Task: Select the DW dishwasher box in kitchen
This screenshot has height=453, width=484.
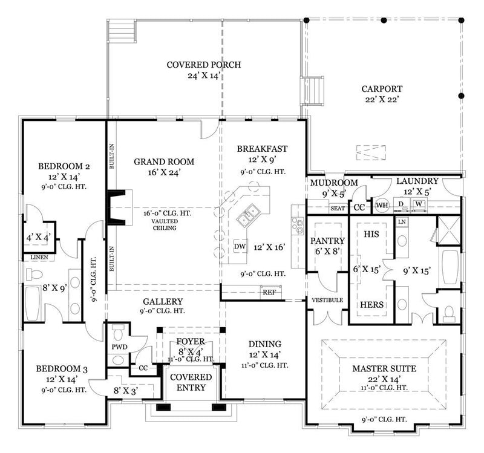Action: [x=239, y=246]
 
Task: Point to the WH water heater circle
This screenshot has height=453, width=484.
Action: [x=382, y=205]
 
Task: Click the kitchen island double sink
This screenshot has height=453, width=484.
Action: [x=249, y=213]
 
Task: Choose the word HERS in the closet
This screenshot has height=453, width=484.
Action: [x=371, y=304]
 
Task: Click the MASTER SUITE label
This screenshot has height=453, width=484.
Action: [x=379, y=368]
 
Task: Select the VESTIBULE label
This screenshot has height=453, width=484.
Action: [x=327, y=300]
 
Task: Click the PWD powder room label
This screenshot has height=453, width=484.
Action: [x=119, y=347]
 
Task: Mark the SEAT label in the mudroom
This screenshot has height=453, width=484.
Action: [x=337, y=209]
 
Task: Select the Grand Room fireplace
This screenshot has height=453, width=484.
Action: [x=115, y=207]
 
